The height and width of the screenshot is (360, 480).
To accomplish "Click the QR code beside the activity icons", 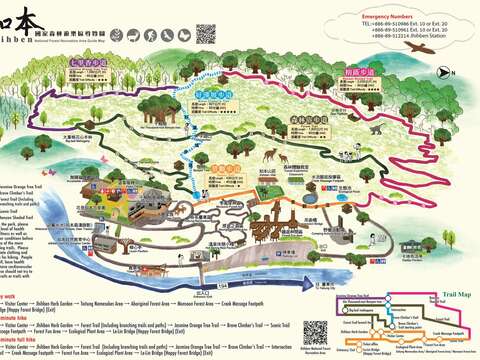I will click(x=205, y=33).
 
